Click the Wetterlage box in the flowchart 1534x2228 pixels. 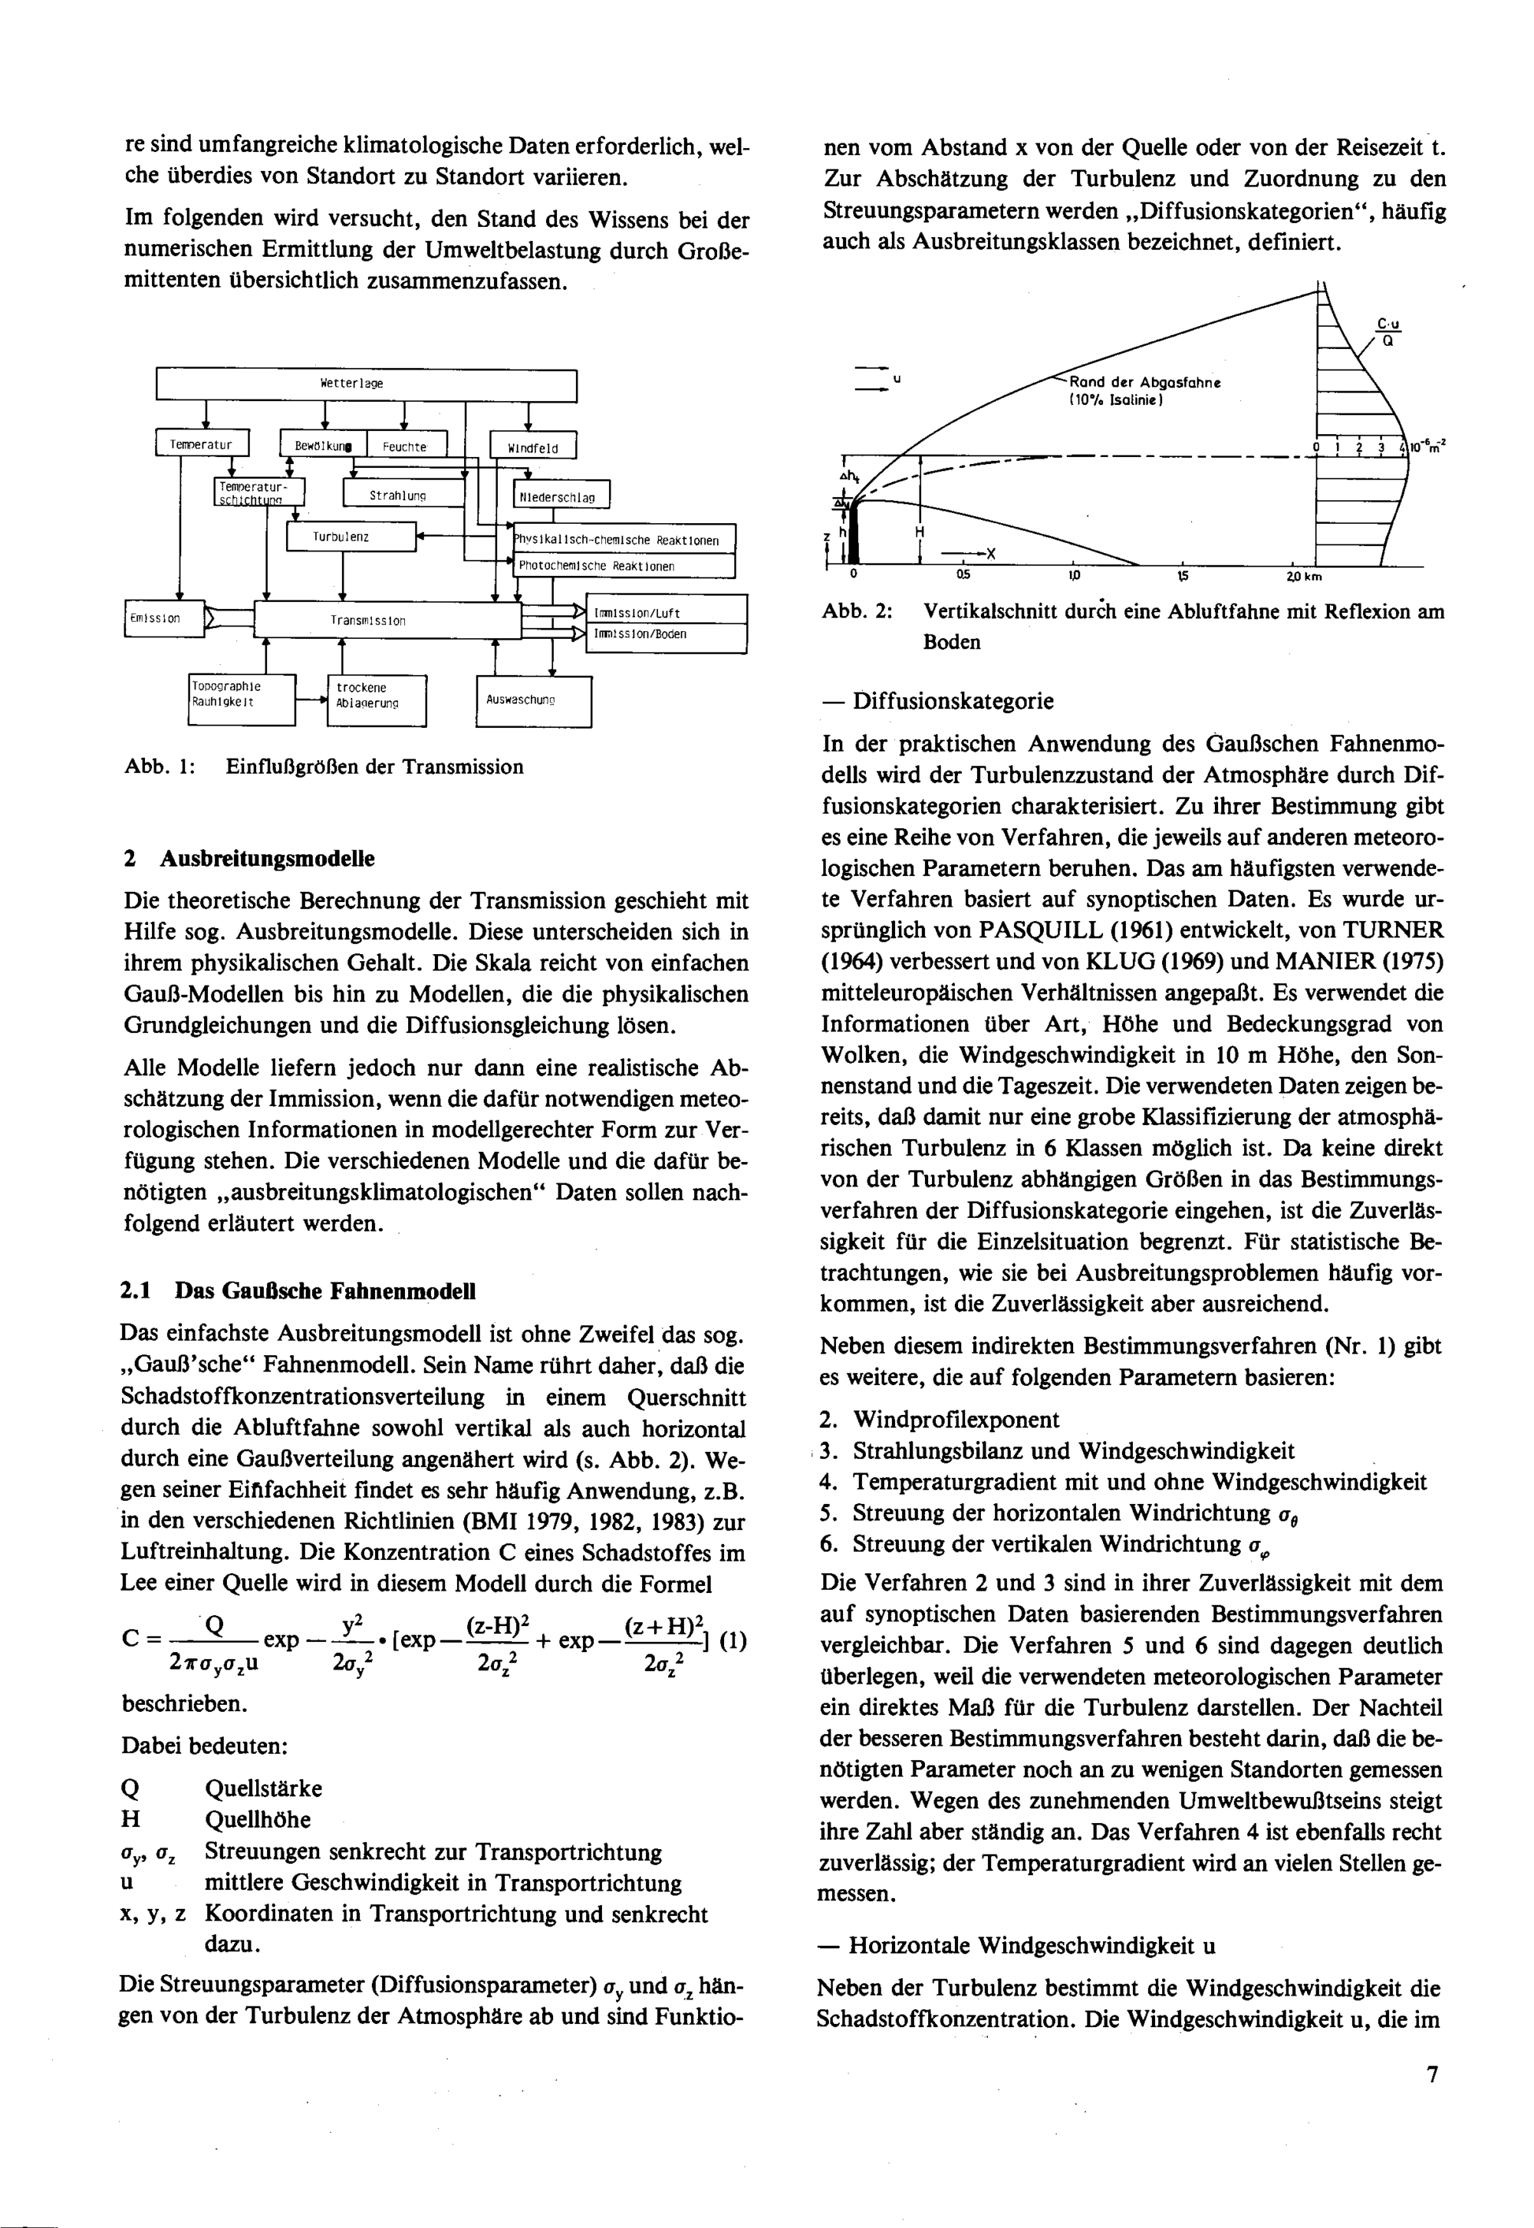[365, 383]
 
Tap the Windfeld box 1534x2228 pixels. [532, 447]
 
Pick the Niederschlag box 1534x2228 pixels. [561, 497]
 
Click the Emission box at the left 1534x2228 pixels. [163, 619]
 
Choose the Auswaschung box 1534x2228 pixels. [533, 701]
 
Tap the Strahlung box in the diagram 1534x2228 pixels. [403, 495]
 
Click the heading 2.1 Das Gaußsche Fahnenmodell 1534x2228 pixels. [298, 1291]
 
